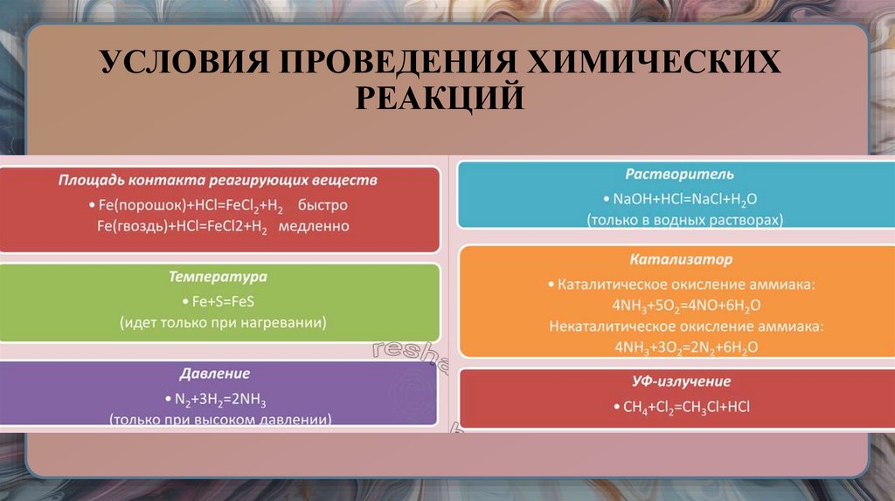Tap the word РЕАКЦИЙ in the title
pyautogui.click(x=441, y=98)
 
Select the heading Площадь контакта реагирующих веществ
pyautogui.click(x=218, y=181)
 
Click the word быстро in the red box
pyautogui.click(x=323, y=205)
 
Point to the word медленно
pyautogui.click(x=314, y=226)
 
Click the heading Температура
pyautogui.click(x=218, y=277)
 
